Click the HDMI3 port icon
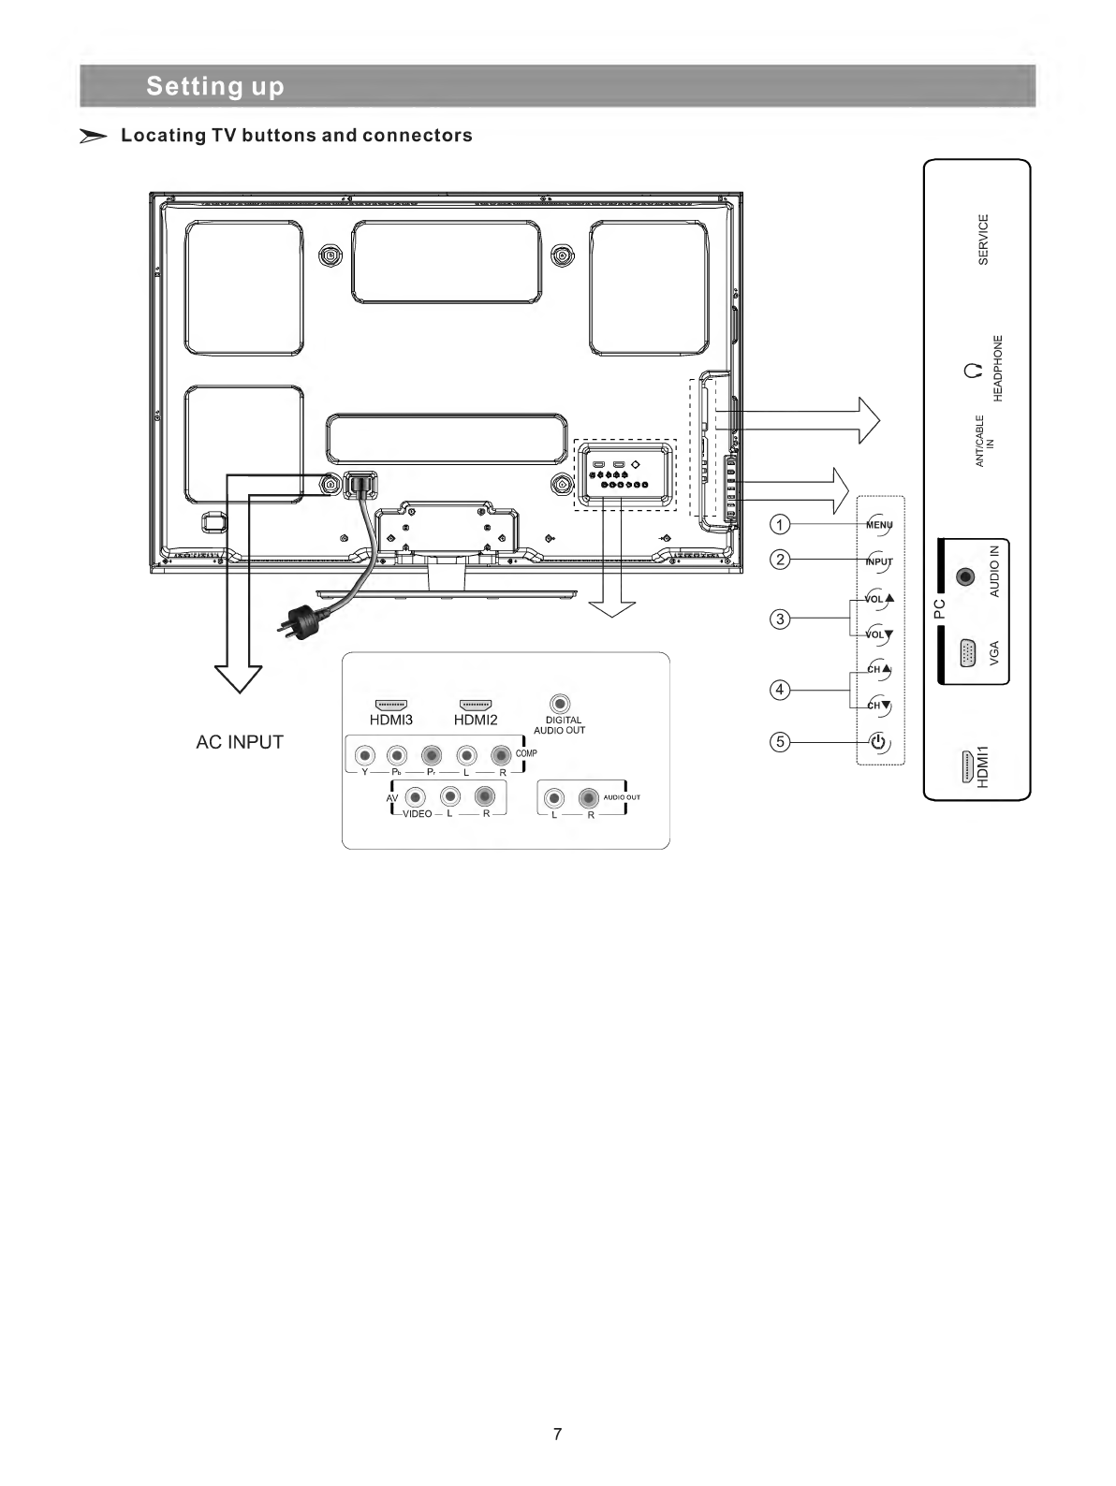390,704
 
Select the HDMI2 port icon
476,704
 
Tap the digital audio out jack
559,704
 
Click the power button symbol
878,744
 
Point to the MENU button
879,525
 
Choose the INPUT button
879,562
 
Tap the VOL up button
879,598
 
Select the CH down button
879,707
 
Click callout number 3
779,618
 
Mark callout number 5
779,742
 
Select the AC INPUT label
240,742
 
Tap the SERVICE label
983,240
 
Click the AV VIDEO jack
418,795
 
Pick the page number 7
558,1434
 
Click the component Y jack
365,754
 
